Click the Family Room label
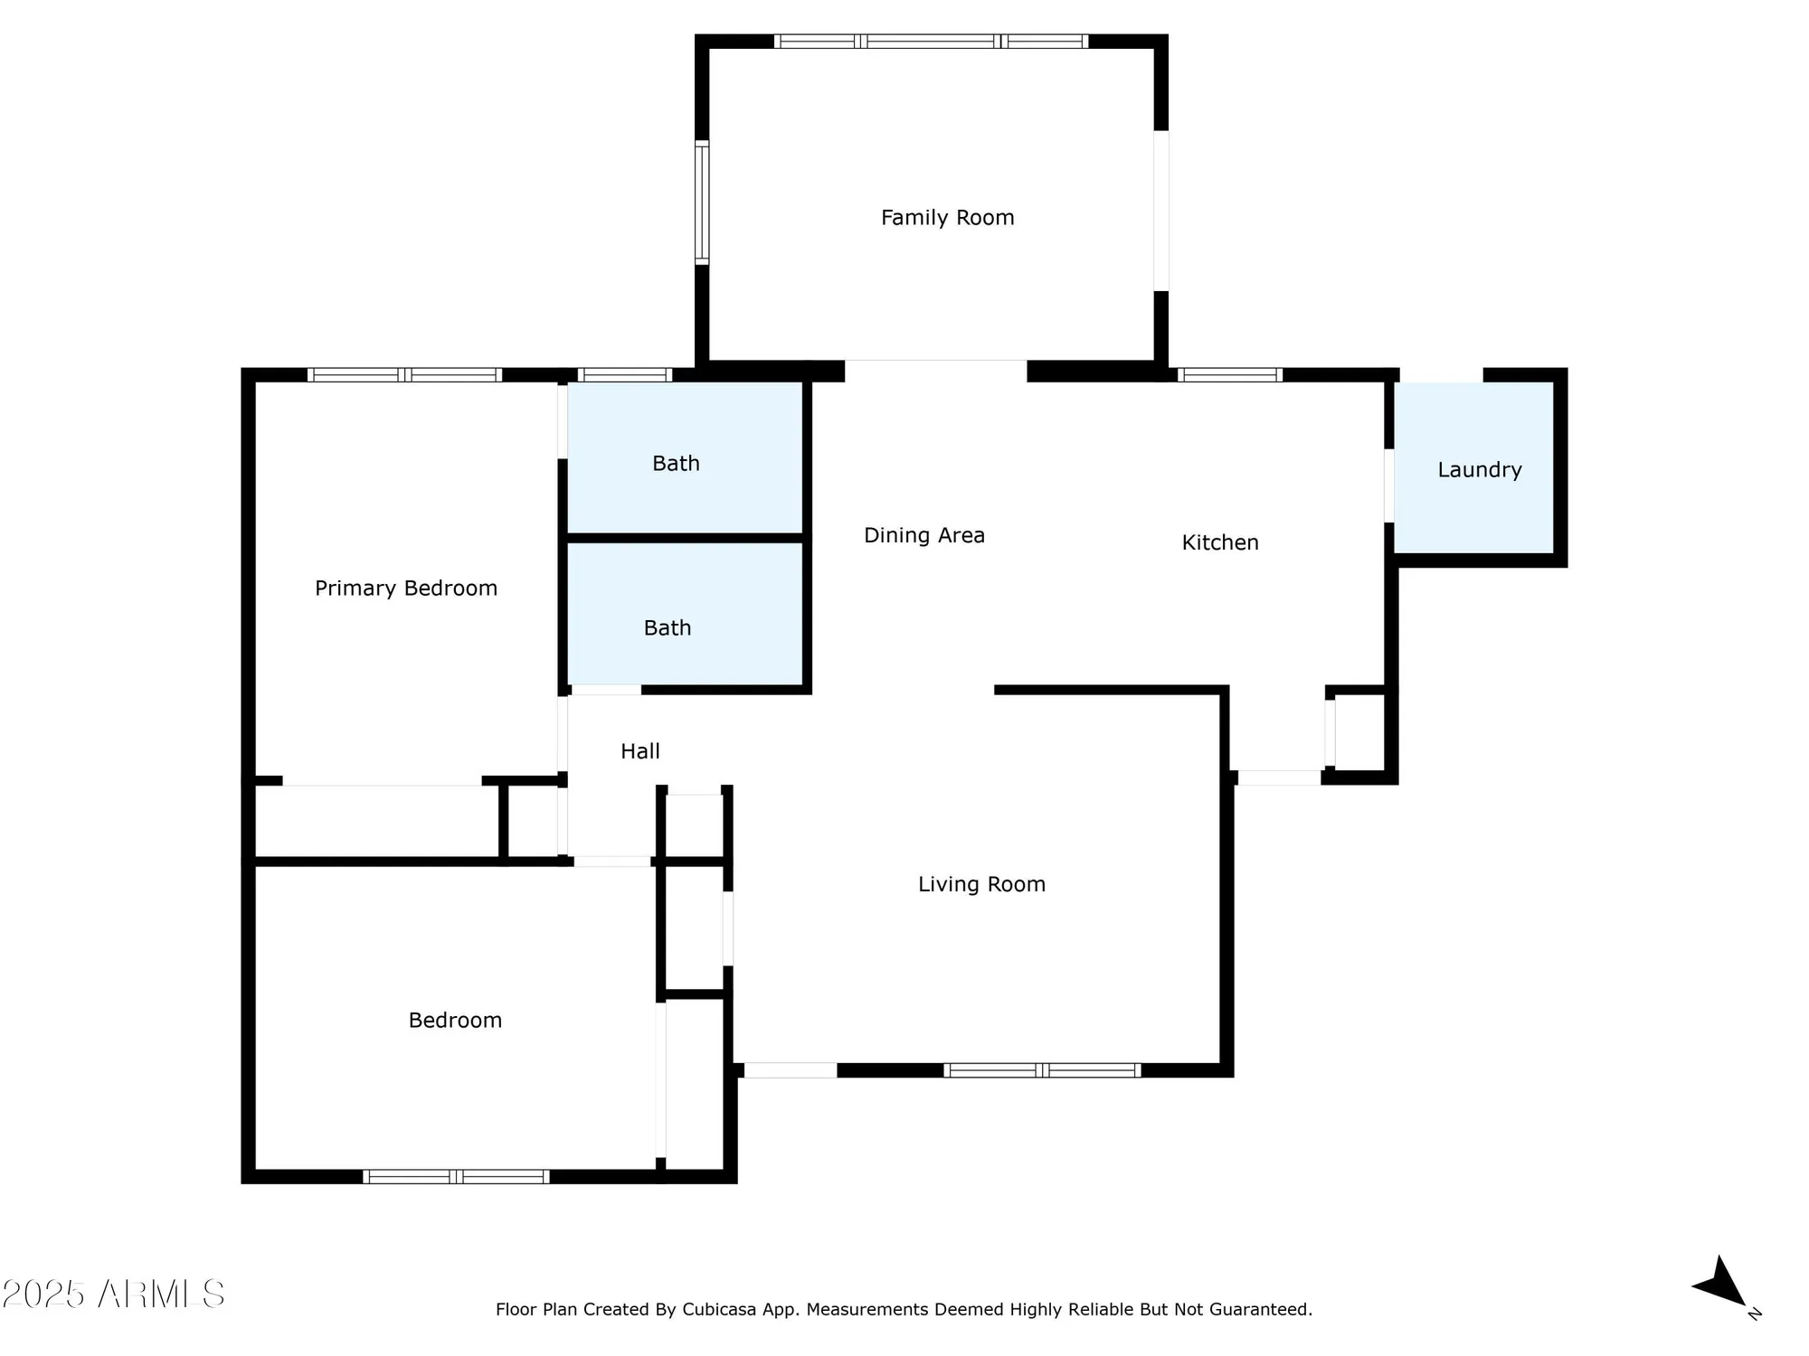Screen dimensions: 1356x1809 coord(947,218)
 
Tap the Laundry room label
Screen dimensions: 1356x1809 coord(1479,470)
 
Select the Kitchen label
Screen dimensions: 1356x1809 coord(1219,542)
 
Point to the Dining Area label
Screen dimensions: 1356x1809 coord(923,535)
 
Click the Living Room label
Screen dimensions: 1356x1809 coord(981,884)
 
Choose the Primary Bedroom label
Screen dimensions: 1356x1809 coord(406,589)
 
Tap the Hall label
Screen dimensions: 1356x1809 coord(639,751)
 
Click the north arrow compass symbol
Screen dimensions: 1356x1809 coord(1723,1285)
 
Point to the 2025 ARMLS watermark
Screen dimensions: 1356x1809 coord(113,1295)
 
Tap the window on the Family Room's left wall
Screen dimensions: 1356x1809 coord(701,202)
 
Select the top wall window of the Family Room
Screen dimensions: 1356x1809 coord(932,41)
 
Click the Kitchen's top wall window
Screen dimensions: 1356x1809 coord(1229,375)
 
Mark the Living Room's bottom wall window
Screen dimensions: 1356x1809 coord(1042,1070)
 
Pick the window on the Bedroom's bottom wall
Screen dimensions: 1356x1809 coord(456,1176)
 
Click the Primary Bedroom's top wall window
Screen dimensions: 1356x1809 coord(404,375)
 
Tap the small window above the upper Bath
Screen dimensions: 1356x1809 coord(624,375)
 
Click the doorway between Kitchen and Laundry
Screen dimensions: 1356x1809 coord(1388,485)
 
